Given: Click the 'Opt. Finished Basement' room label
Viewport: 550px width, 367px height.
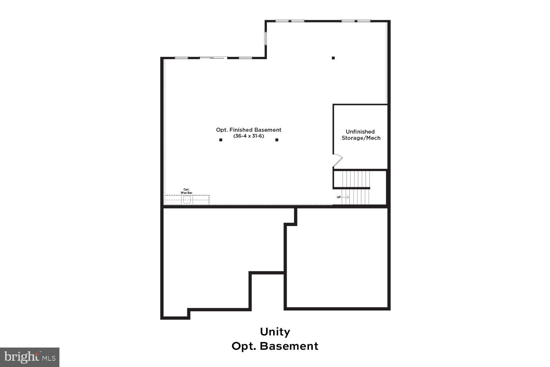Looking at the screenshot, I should coord(249,130).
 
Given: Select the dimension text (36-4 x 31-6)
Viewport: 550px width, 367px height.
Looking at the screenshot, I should coord(249,136).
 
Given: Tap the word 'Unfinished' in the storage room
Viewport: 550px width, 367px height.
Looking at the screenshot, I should coord(360,132).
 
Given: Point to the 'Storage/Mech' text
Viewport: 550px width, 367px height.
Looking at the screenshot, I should coord(361,138).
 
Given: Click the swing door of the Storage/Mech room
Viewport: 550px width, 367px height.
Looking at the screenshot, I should coord(338,160).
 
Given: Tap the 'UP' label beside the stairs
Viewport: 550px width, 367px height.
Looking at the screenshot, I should coord(339,197).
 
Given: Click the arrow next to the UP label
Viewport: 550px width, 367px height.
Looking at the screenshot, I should coord(345,197).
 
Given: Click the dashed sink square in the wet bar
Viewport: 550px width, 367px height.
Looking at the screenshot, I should coord(187,200).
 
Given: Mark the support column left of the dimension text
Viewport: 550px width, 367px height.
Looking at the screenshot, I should coord(221,140).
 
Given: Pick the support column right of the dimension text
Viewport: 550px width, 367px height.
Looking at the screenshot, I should coord(277,140).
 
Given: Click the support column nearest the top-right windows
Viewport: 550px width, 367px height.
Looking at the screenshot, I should coord(333,58).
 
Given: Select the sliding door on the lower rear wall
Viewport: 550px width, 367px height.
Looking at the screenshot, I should coord(213,58).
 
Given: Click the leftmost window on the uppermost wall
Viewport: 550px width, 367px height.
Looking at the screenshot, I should coord(282,21).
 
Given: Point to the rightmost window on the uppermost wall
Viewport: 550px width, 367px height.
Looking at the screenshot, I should coord(363,21).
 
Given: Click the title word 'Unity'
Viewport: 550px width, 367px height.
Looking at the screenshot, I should coord(275,332).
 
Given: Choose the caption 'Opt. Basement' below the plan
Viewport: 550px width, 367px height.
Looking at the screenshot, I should coord(275,346).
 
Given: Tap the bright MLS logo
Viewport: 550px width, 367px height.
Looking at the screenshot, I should coord(29,357).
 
